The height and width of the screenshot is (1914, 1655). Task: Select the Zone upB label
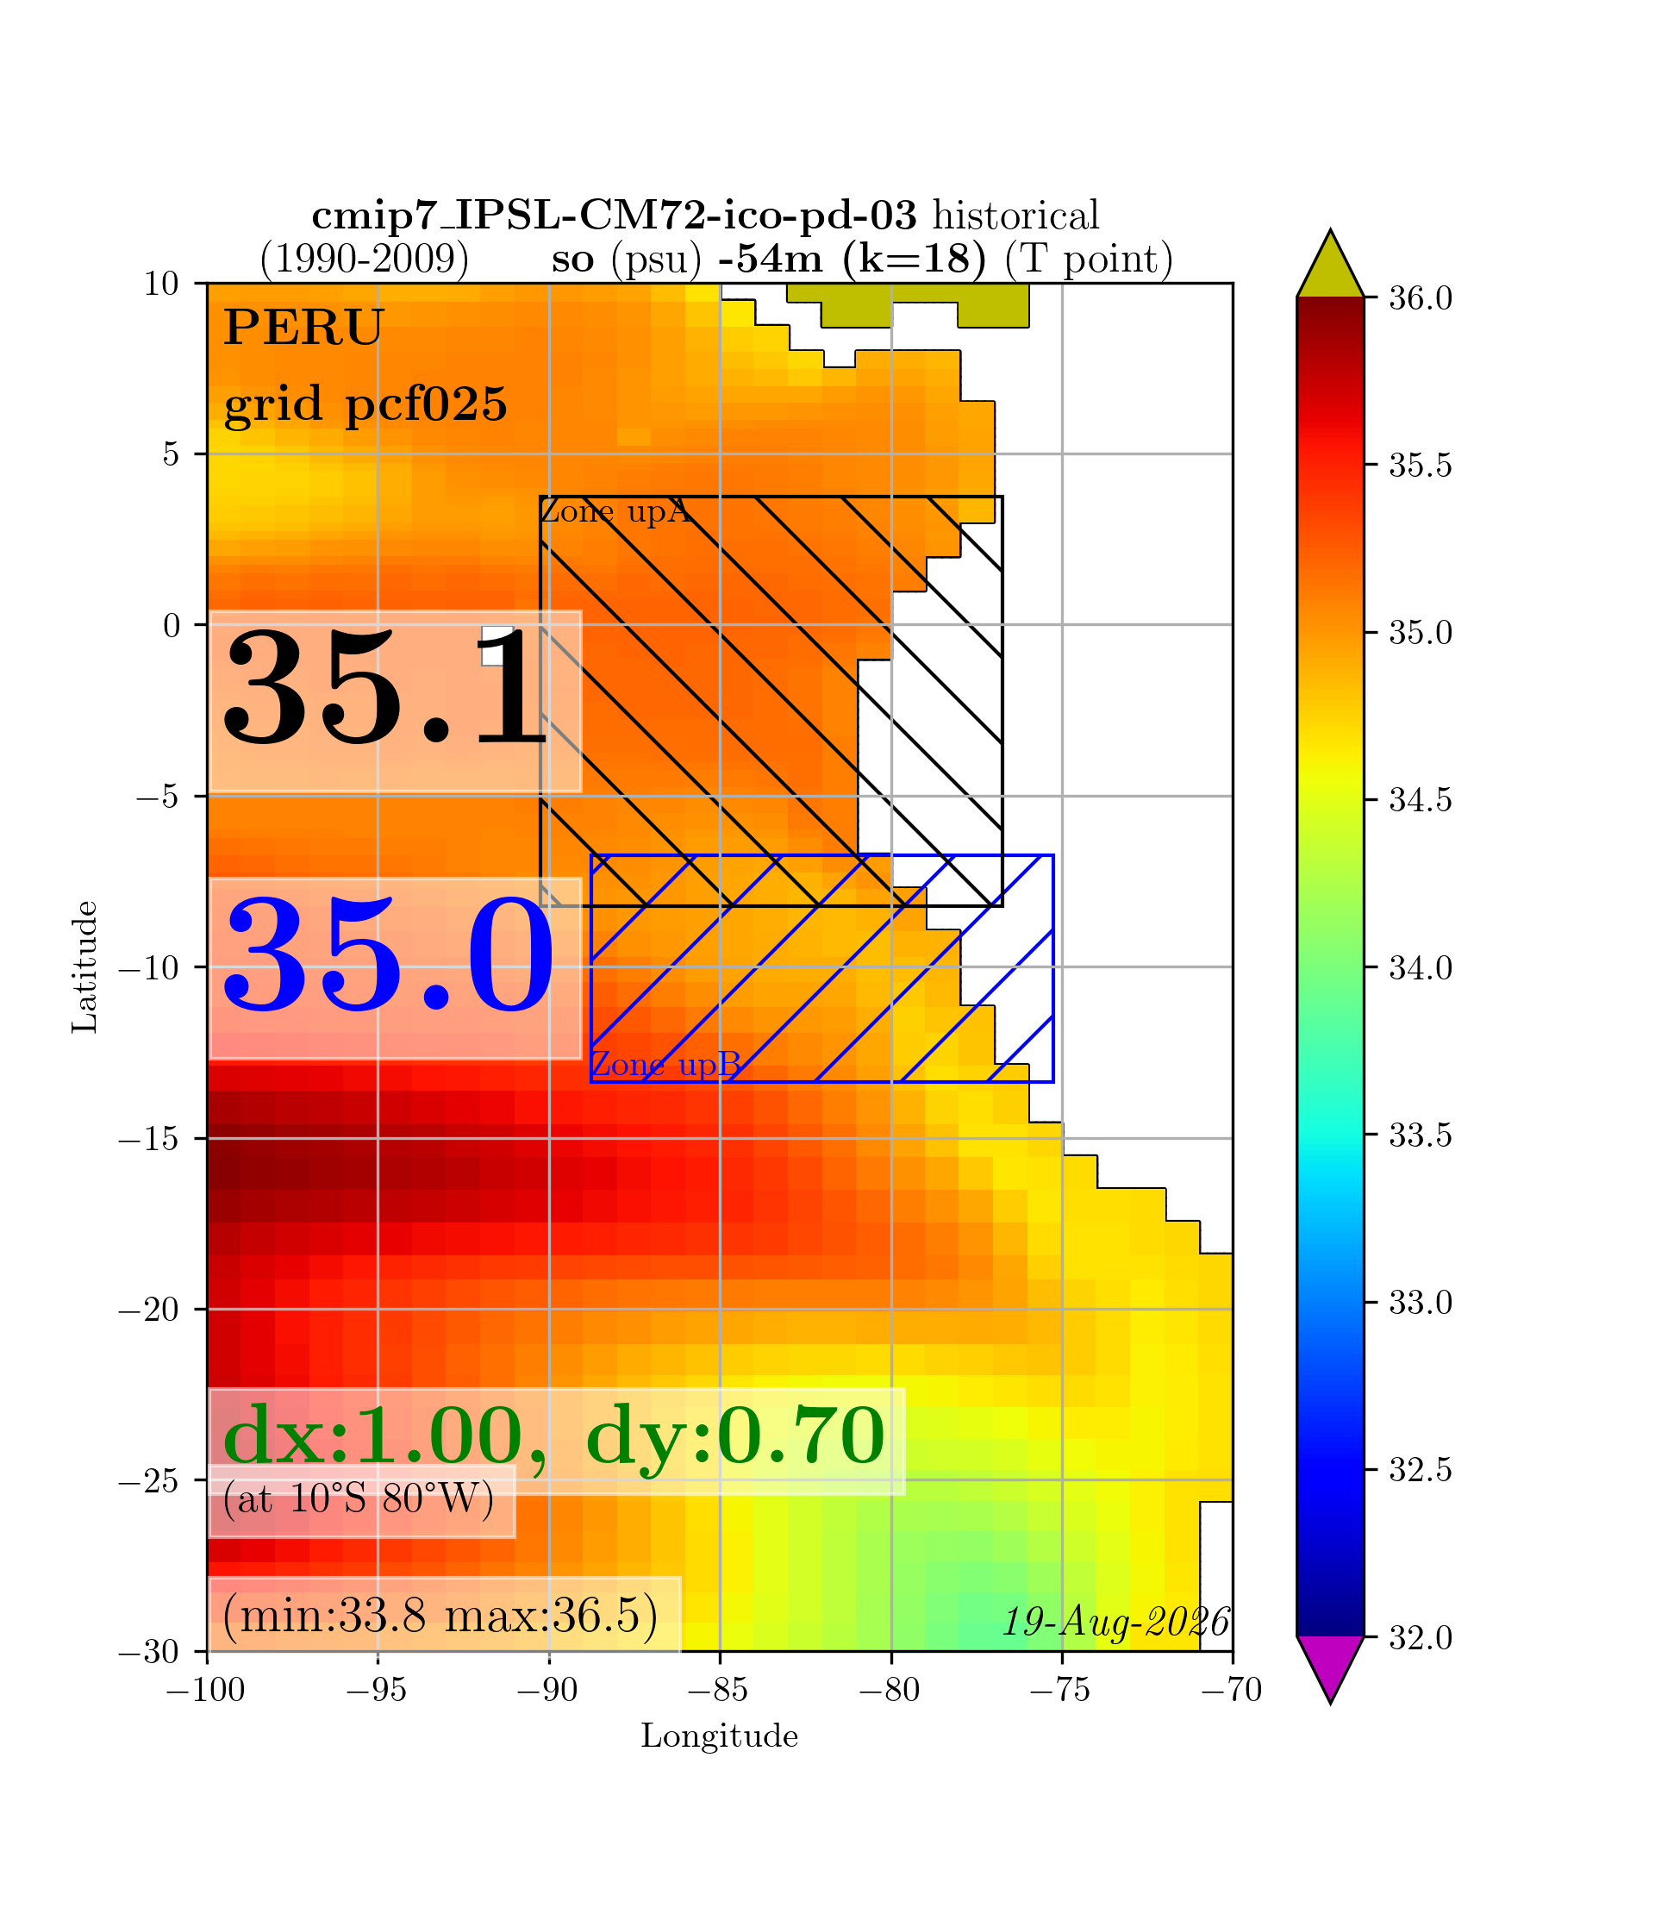665,1064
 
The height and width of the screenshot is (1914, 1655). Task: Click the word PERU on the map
303,328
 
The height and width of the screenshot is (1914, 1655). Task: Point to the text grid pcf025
365,404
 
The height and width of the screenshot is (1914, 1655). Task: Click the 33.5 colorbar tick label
1421,1135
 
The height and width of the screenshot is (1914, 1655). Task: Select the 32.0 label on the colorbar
1421,1638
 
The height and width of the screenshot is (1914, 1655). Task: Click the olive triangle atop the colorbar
1330,264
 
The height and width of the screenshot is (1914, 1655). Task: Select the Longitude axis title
720,1736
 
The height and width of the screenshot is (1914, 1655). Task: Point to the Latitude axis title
85,967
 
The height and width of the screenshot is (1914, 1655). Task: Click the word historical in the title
1016,216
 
